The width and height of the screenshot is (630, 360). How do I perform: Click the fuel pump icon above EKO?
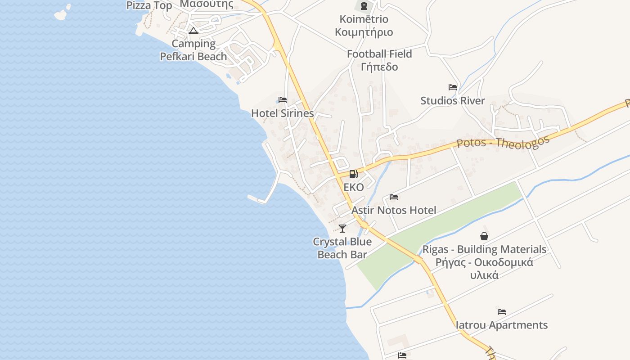pos(354,174)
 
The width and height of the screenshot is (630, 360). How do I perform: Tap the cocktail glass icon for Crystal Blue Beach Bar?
pos(342,229)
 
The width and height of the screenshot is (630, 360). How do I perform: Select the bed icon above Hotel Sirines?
pos(283,100)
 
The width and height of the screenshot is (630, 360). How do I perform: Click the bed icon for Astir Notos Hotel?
pos(394,197)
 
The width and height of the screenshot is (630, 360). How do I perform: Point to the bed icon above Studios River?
pos(453,87)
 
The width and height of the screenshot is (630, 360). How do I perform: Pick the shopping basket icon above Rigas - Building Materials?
pos(484,236)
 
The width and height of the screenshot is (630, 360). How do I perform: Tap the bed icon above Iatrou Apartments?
pos(502,311)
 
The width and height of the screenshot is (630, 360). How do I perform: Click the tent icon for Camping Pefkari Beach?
pos(193,31)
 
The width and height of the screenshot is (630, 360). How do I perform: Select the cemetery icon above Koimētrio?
pos(364,6)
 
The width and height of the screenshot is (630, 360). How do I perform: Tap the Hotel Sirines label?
pos(282,113)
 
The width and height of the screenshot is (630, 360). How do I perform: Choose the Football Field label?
pos(379,54)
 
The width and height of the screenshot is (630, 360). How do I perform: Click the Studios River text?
pos(453,101)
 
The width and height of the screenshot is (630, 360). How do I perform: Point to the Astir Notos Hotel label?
pos(394,210)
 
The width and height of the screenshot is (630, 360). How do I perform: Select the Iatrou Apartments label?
pos(502,325)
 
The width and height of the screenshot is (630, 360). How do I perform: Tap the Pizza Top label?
pos(149,5)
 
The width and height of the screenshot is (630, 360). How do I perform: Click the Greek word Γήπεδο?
pos(379,67)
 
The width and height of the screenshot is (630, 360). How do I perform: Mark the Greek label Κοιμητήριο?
pos(364,32)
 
